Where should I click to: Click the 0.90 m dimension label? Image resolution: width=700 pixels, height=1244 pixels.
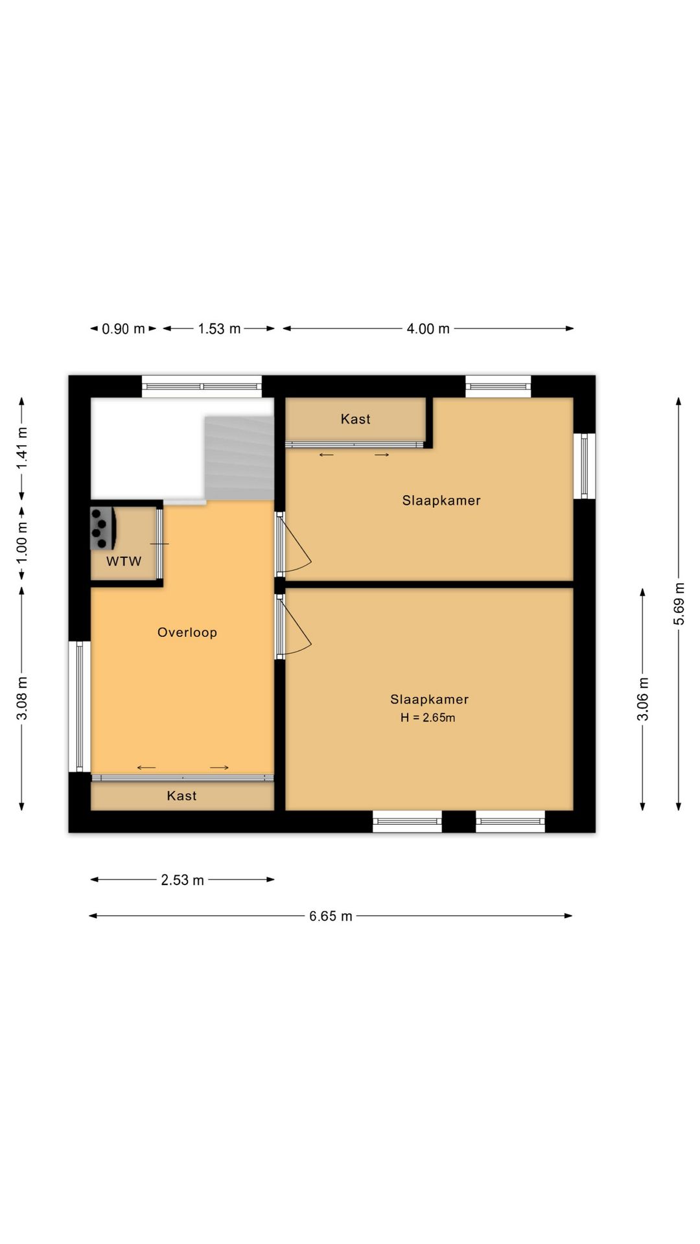click(x=123, y=329)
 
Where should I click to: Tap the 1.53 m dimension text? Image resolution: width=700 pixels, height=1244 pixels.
click(x=219, y=329)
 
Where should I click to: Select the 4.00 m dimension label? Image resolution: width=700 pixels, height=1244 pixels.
click(x=428, y=329)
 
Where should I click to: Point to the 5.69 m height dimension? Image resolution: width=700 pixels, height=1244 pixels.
click(x=679, y=604)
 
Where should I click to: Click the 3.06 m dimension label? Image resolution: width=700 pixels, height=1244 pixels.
click(x=642, y=699)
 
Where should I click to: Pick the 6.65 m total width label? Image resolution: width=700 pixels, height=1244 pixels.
click(x=331, y=916)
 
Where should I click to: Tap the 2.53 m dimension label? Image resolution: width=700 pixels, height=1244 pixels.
click(x=182, y=880)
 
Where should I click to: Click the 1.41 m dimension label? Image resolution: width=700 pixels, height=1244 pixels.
click(x=22, y=448)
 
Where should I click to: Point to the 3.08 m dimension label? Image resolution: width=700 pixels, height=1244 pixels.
click(x=22, y=698)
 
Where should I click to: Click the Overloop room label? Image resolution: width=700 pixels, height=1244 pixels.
click(x=187, y=632)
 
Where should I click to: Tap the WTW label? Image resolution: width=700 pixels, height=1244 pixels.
click(x=124, y=561)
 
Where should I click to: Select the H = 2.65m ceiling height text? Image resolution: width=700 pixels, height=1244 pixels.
click(x=428, y=717)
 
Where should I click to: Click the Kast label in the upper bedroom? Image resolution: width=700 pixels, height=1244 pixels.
click(x=356, y=419)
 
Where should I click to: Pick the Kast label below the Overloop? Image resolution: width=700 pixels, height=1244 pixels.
click(x=181, y=796)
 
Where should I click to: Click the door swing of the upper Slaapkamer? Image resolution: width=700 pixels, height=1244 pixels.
click(x=297, y=544)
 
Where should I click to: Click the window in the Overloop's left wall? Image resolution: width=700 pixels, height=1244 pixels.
click(x=80, y=706)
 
